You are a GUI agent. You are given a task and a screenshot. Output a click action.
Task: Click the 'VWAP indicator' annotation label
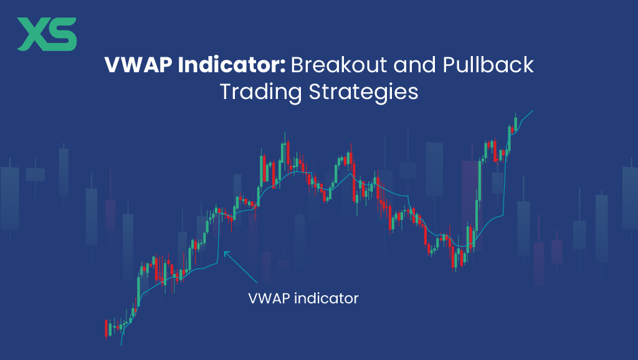point(303,298)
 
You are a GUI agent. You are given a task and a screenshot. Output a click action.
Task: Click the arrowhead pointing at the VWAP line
point(226,253)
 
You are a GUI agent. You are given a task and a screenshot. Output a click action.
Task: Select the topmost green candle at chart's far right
point(516,122)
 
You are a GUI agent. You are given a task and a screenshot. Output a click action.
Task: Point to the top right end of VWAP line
point(533,111)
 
